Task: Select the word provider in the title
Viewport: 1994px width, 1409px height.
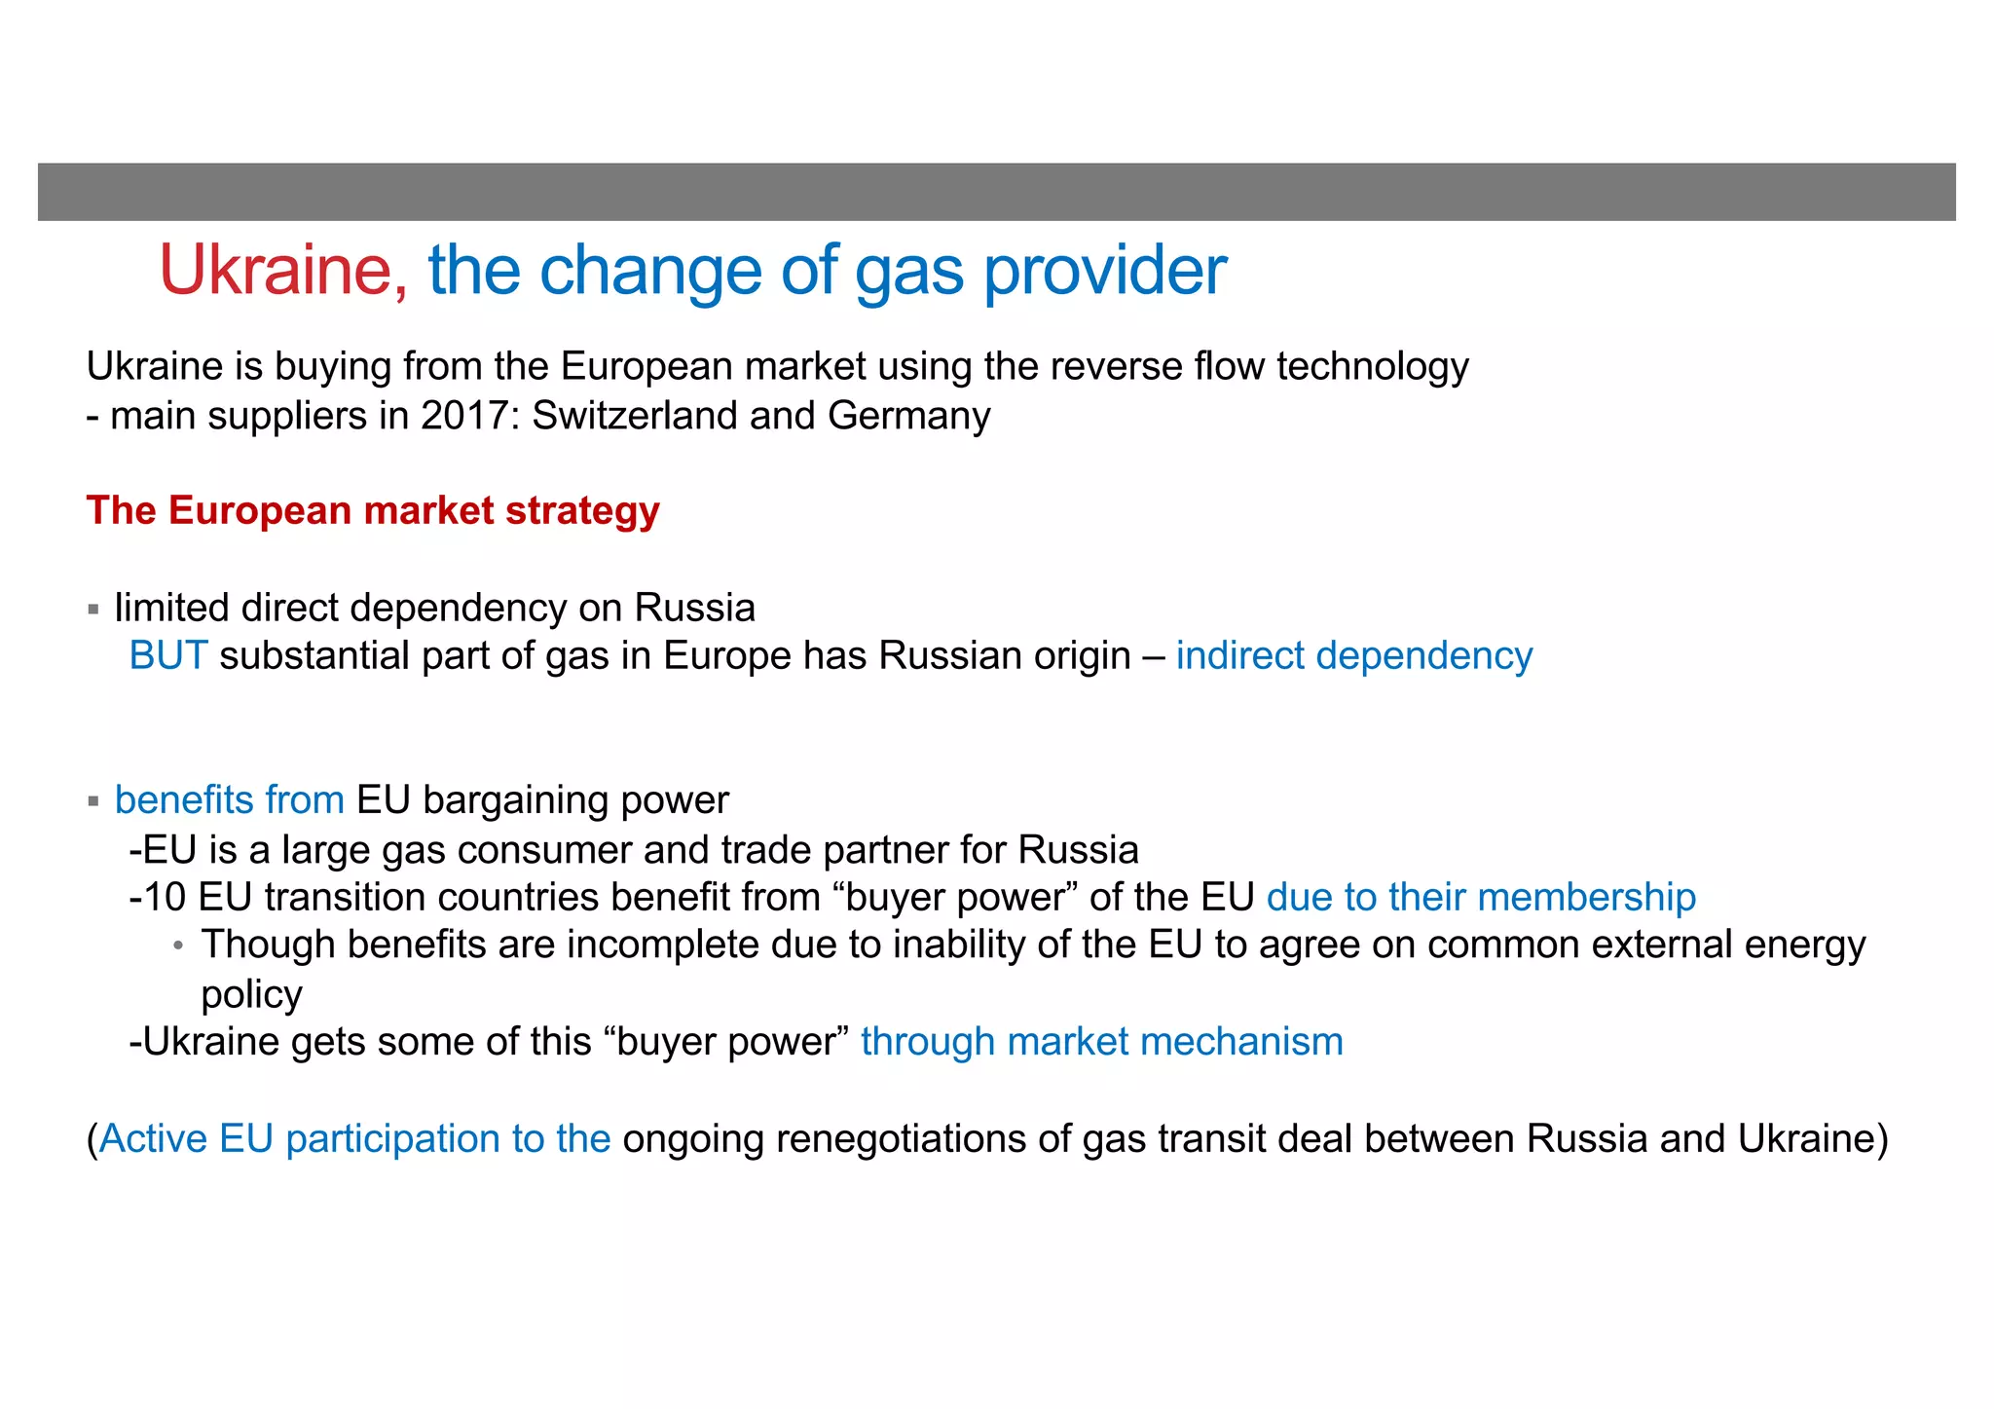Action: (1105, 271)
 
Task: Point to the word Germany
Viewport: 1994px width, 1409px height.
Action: (908, 416)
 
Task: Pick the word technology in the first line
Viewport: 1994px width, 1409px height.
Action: (1372, 367)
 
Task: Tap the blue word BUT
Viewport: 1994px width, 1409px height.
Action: (167, 656)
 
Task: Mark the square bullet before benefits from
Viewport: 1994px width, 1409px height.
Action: (93, 802)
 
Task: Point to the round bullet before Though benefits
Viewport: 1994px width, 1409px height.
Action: (178, 946)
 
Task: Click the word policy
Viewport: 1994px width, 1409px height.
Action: (251, 995)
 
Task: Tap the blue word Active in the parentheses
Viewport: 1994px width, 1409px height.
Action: (153, 1139)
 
